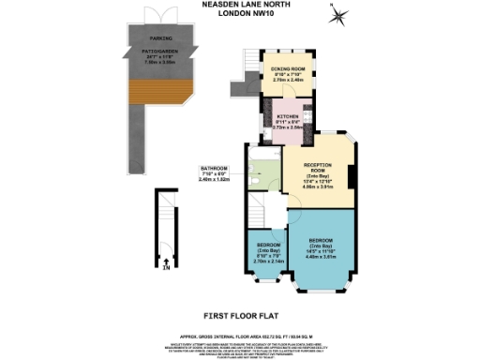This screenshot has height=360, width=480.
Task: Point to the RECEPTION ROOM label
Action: click(322, 169)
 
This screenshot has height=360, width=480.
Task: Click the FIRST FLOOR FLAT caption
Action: click(240, 317)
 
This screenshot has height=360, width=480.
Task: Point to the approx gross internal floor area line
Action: click(240, 335)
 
